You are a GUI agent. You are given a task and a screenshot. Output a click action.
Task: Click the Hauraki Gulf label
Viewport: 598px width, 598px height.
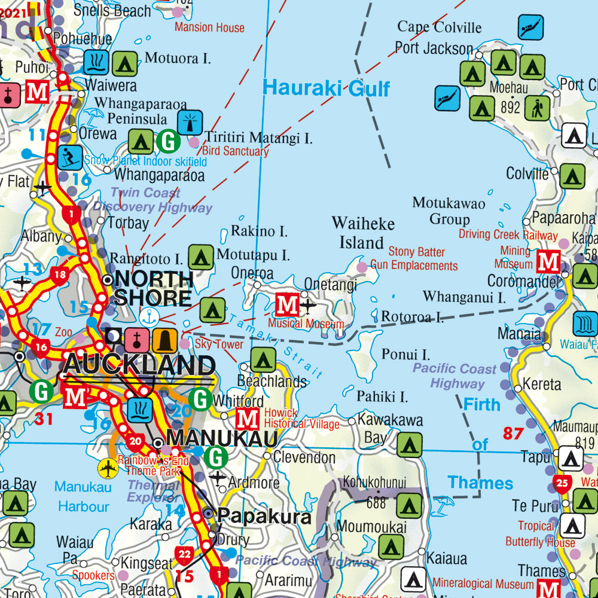click(x=326, y=89)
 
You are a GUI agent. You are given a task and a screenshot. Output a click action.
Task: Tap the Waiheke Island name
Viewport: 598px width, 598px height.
click(x=363, y=233)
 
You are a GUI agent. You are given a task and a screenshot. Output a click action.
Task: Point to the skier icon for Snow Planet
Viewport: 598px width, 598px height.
click(x=70, y=157)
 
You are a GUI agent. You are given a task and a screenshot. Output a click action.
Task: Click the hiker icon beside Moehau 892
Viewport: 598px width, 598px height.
click(x=538, y=108)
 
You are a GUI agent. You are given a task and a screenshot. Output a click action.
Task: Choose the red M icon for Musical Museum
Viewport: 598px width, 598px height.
click(x=287, y=305)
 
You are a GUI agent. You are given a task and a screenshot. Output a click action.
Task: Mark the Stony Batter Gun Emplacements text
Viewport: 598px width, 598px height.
click(x=414, y=259)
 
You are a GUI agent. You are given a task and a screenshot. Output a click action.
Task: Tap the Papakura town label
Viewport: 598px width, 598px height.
click(x=264, y=515)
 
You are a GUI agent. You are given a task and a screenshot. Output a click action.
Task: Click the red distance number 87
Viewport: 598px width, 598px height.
click(x=512, y=433)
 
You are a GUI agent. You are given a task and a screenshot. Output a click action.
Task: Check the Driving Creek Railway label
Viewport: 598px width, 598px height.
click(x=508, y=234)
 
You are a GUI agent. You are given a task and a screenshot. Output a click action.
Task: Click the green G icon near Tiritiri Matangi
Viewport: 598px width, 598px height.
click(x=169, y=142)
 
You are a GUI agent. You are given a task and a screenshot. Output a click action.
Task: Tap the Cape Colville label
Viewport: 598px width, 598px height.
click(x=439, y=27)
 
